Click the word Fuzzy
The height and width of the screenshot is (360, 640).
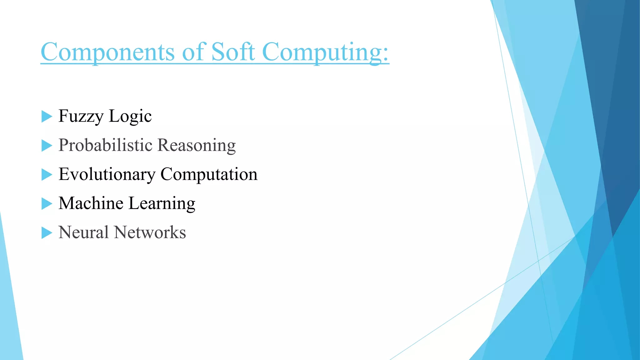click(81, 116)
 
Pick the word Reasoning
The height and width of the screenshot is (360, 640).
click(197, 146)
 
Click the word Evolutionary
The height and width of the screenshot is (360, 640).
click(107, 174)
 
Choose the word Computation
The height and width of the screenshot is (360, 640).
click(209, 174)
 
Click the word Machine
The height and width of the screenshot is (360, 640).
click(91, 203)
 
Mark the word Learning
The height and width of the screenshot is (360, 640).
click(162, 204)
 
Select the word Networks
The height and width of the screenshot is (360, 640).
click(150, 232)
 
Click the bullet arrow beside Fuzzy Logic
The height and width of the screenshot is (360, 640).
click(46, 117)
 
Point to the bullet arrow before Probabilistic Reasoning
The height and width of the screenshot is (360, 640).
click(46, 146)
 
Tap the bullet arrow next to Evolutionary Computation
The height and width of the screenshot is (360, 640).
click(46, 175)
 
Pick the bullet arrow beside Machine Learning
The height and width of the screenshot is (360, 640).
click(46, 204)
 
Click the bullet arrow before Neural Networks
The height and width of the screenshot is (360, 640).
click(46, 233)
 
